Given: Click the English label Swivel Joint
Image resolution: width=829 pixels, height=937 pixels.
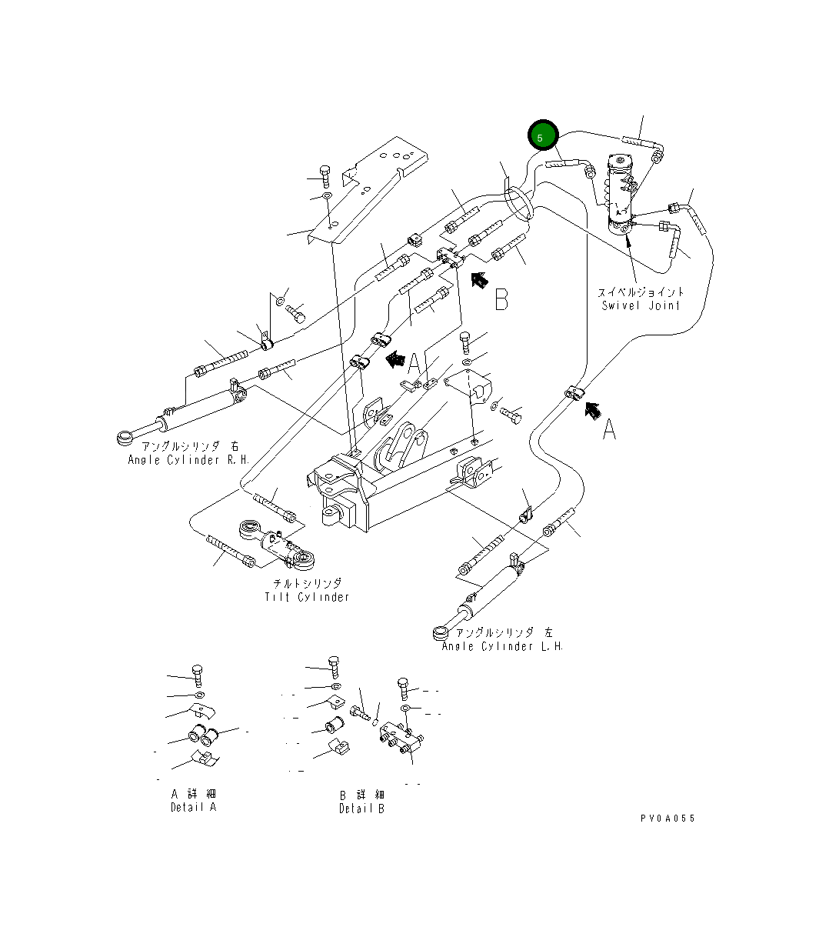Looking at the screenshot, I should [x=641, y=305].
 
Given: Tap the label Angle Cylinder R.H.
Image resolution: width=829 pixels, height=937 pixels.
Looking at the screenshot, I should [x=184, y=460].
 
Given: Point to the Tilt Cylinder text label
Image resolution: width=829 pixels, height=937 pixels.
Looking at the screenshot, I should [x=307, y=597].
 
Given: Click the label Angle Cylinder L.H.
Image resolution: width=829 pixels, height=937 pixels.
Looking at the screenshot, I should [x=502, y=646].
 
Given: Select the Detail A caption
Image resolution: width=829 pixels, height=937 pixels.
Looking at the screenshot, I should [x=193, y=807].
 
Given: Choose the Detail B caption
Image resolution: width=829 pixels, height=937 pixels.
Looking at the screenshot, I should [x=361, y=809].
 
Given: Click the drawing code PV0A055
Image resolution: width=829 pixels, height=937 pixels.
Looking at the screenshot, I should [x=667, y=819].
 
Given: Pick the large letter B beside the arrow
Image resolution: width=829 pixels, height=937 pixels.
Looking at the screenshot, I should [x=501, y=298].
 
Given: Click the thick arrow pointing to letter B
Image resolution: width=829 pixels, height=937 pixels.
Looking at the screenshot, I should [x=479, y=279].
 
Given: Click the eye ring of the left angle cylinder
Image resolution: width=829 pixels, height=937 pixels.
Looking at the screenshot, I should [x=440, y=634].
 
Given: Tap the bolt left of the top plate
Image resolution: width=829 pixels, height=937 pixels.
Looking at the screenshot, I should [x=325, y=176].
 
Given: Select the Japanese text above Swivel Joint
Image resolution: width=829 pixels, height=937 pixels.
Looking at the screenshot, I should [x=641, y=292].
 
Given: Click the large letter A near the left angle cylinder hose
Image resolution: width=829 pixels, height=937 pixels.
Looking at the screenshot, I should [x=608, y=429].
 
